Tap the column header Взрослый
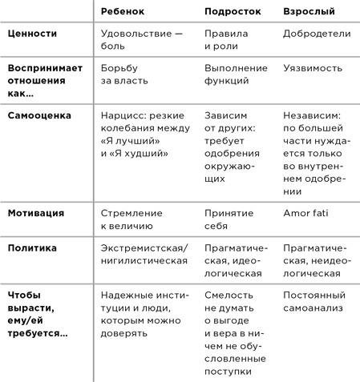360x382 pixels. coord(309,11)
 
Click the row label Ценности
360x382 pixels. coord(31,34)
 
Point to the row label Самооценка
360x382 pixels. coord(39,115)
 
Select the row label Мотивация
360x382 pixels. coord(36,213)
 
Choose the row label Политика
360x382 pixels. coord(33,247)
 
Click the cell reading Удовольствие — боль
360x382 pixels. coord(142,40)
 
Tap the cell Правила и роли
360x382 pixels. coord(227,40)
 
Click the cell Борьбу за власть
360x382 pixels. coord(127,74)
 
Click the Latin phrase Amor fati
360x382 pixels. coord(307,213)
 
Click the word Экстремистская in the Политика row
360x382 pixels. coord(141,247)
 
